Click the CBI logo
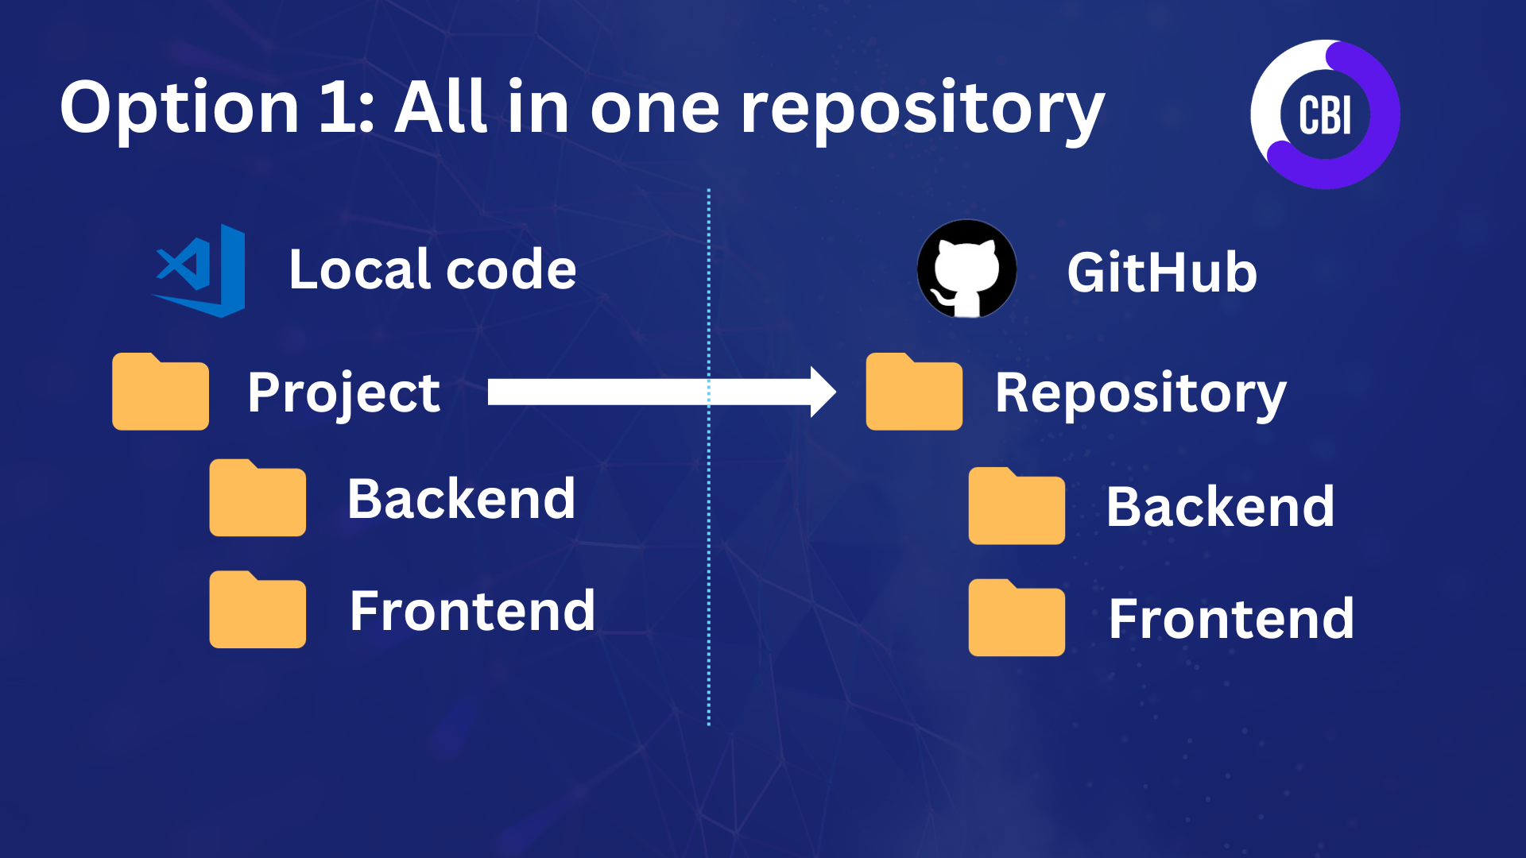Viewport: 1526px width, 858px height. pyautogui.click(x=1325, y=114)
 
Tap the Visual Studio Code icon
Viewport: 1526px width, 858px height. pyautogui.click(x=199, y=271)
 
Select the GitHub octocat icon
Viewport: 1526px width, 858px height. pyautogui.click(x=966, y=269)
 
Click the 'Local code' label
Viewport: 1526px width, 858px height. pyautogui.click(x=432, y=269)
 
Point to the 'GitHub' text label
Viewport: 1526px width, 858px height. pyautogui.click(x=1162, y=272)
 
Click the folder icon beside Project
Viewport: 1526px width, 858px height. pyautogui.click(x=161, y=392)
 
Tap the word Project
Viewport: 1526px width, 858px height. pyautogui.click(x=343, y=394)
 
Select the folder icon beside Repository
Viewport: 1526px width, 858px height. pyautogui.click(x=914, y=392)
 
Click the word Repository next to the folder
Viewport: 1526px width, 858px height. pyautogui.click(x=1141, y=394)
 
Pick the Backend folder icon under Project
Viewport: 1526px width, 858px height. pyautogui.click(x=258, y=498)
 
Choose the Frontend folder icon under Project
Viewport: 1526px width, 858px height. pyautogui.click(x=258, y=609)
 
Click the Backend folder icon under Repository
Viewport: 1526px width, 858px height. pyautogui.click(x=1017, y=506)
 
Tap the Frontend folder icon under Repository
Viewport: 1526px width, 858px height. pyautogui.click(x=1017, y=618)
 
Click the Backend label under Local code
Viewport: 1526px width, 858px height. pyautogui.click(x=461, y=499)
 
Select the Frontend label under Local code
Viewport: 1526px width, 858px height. pyautogui.click(x=472, y=611)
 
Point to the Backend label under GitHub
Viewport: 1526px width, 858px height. pyautogui.click(x=1220, y=507)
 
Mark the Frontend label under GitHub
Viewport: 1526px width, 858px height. pyautogui.click(x=1231, y=619)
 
